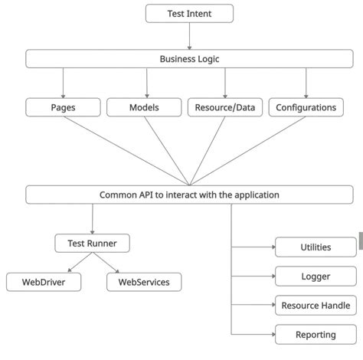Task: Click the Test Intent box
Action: click(x=189, y=13)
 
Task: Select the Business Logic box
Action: click(x=189, y=59)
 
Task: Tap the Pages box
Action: click(x=62, y=107)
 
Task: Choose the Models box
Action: click(x=143, y=107)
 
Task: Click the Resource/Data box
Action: click(x=224, y=107)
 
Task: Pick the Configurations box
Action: click(x=306, y=107)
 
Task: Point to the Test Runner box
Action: click(x=92, y=244)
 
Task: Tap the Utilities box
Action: click(x=316, y=247)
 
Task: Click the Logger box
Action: click(x=316, y=276)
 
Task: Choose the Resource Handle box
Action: click(x=316, y=305)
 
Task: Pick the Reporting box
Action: click(x=316, y=335)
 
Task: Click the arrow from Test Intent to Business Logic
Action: click(x=189, y=36)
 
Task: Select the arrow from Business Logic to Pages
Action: click(x=63, y=83)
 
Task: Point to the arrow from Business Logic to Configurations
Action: click(x=306, y=83)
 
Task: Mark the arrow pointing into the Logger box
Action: click(x=253, y=276)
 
